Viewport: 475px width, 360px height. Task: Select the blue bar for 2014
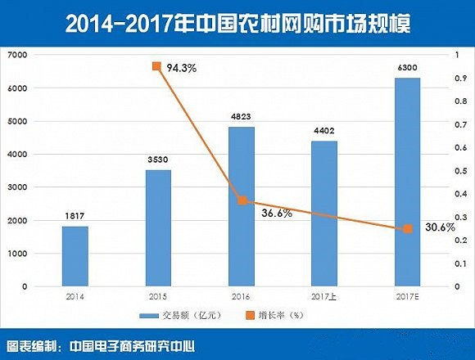(x=75, y=256)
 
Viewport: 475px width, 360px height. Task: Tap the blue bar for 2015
(x=156, y=228)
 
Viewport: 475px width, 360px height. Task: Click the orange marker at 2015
(x=156, y=66)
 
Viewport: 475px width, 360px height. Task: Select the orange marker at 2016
(x=240, y=200)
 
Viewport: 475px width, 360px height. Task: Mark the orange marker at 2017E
(x=406, y=229)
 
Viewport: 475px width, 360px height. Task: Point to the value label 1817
(x=75, y=217)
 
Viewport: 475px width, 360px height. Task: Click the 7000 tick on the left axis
(x=19, y=55)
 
